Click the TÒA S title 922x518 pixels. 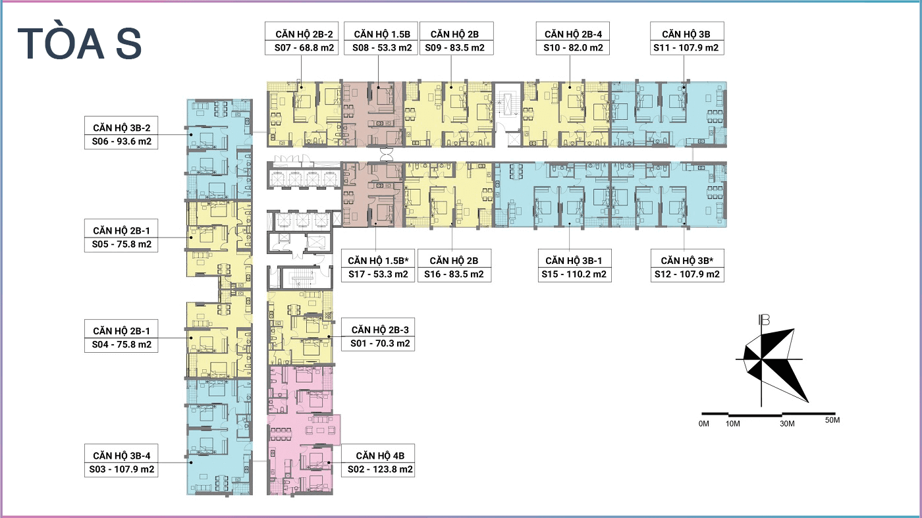[80, 43]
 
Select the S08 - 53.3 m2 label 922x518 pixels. [382, 48]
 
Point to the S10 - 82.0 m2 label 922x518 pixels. [573, 48]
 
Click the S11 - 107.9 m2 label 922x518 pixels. [686, 48]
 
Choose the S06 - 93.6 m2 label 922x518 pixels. [121, 142]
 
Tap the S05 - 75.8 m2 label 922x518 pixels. [121, 244]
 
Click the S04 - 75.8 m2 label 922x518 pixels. [121, 345]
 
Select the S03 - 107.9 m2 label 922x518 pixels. [121, 469]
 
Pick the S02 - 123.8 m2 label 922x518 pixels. [380, 469]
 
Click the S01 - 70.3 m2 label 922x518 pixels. [380, 344]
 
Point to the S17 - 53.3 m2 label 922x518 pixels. [378, 274]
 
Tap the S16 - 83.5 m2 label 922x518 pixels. [454, 274]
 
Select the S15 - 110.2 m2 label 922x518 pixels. [574, 274]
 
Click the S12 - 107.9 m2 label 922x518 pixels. [687, 274]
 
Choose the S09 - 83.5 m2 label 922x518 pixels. [454, 48]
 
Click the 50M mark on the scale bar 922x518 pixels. [832, 420]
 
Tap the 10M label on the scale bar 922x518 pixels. [732, 424]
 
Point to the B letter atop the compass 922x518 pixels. [765, 320]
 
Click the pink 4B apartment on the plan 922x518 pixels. [304, 430]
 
